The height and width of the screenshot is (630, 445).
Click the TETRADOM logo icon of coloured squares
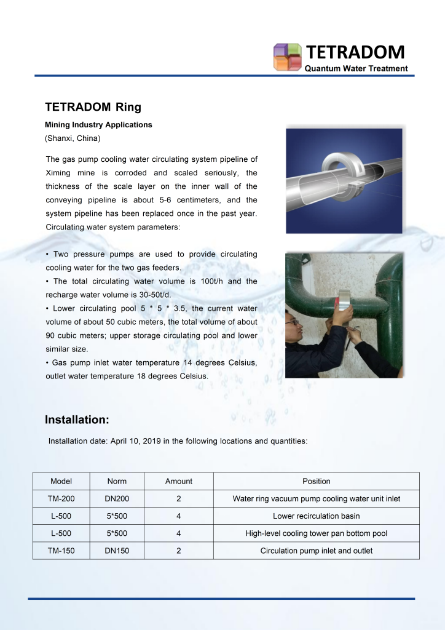287,57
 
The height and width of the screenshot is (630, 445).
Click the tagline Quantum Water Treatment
356,68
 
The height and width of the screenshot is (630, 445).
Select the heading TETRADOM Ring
93,107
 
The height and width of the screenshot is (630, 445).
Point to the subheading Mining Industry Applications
98,125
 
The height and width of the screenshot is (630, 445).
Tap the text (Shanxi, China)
73,138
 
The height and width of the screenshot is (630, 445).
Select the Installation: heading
77,420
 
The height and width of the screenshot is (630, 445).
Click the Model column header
61,481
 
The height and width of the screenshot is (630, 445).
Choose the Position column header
316,481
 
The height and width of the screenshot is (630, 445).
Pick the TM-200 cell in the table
61,498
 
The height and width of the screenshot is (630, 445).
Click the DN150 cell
117,551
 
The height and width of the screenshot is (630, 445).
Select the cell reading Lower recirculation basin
316,516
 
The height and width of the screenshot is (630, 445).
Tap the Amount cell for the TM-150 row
178,551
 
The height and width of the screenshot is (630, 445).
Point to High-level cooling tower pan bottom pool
316,533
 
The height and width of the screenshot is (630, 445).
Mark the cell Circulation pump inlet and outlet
316,551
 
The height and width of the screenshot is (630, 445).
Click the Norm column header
117,481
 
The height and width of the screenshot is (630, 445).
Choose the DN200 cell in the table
117,498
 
